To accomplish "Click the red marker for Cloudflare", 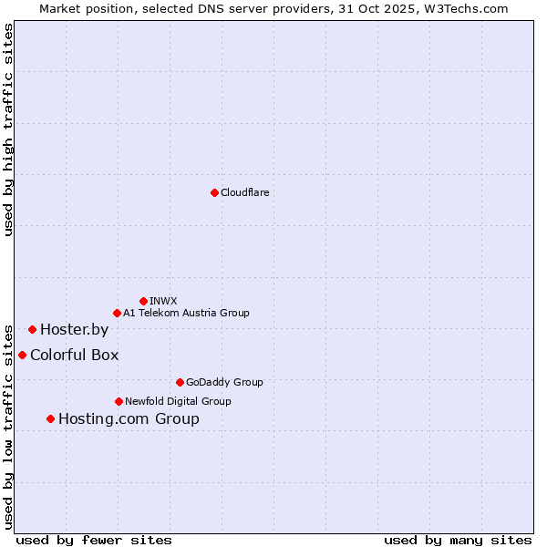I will (x=214, y=192).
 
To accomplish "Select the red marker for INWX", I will (x=143, y=301).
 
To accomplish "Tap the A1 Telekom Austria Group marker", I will (x=117, y=313).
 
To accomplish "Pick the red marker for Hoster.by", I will (x=32, y=329).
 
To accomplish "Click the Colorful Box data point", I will (x=22, y=355).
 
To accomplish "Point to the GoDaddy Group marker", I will (x=180, y=382).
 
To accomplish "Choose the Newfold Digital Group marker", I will (x=119, y=401).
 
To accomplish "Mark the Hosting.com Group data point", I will (x=50, y=418).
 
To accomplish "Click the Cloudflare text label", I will (x=245, y=192).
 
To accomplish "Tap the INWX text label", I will (x=164, y=301).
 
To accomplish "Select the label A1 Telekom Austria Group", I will (x=186, y=313).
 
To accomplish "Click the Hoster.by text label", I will (x=74, y=329).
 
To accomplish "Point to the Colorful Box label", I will (x=74, y=355).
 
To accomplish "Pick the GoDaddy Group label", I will (x=224, y=382).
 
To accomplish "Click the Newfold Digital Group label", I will (x=178, y=401).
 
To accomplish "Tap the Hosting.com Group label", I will (x=129, y=418).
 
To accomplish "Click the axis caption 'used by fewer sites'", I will (x=94, y=540).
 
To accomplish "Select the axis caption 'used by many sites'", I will (x=458, y=540).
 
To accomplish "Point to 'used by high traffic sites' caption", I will (x=8, y=129).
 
